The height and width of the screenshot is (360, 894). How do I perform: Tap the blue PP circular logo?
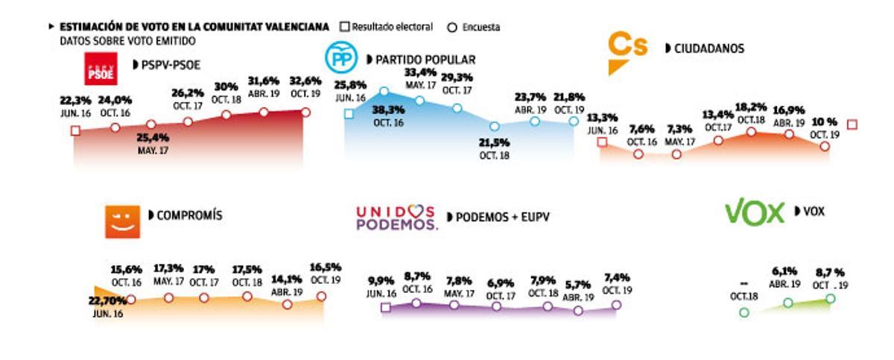[342, 58]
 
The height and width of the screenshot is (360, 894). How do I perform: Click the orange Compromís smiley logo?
[122, 221]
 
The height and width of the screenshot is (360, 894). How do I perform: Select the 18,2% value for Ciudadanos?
[751, 107]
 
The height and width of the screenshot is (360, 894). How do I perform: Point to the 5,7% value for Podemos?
[580, 285]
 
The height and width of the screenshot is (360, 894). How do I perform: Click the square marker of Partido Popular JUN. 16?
[349, 113]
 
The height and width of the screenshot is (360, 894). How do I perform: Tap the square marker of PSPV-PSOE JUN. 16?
[74, 131]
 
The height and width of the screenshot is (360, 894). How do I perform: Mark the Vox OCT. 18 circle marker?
[744, 312]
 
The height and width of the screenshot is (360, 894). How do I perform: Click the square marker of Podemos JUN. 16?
[386, 307]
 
